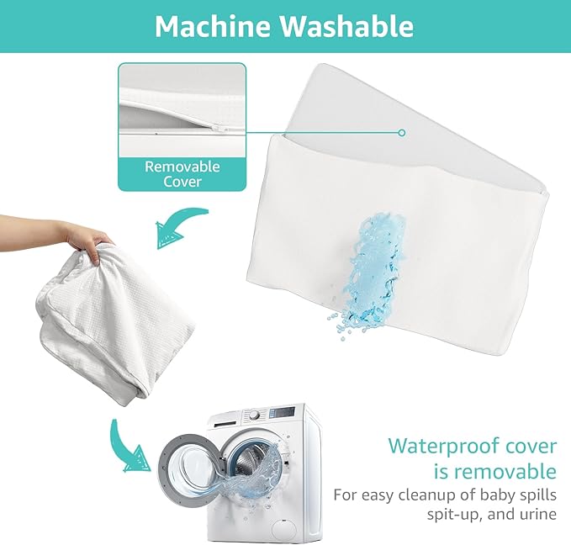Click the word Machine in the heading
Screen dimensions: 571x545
pos(212,26)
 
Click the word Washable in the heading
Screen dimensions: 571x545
pos(346,26)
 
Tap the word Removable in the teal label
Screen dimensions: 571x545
pos(182,167)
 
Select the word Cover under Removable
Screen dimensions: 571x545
pos(182,182)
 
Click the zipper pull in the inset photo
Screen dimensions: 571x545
pos(219,128)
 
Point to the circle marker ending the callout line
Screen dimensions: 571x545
pos(402,133)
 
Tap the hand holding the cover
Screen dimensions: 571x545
pos(87,241)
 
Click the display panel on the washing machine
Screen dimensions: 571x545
pos(283,412)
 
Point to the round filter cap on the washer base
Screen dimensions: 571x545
pos(284,529)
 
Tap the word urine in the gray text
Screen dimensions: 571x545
pos(539,515)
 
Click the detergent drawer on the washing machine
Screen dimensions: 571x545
pos(225,424)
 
